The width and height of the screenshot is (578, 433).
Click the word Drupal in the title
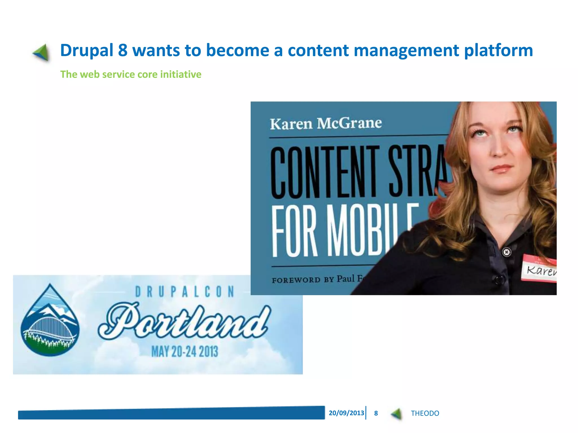pos(87,51)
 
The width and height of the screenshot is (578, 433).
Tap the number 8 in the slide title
pos(122,50)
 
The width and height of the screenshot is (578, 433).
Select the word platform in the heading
pos(498,51)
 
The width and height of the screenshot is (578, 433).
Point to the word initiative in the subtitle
pos(181,74)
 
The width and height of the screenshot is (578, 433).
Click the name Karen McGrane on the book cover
pos(326,123)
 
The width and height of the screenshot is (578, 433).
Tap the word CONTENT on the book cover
pos(325,172)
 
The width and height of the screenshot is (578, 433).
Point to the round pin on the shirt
pos(507,252)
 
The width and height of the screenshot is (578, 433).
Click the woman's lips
pos(501,169)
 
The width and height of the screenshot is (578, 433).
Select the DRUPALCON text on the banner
pos(185,292)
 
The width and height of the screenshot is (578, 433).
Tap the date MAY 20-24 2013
pos(185,352)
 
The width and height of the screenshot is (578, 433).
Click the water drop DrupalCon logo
pos(50,321)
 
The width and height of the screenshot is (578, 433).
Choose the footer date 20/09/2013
pos(346,413)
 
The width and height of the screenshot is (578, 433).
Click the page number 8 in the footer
pos(376,413)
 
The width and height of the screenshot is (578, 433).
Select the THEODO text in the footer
pos(425,413)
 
